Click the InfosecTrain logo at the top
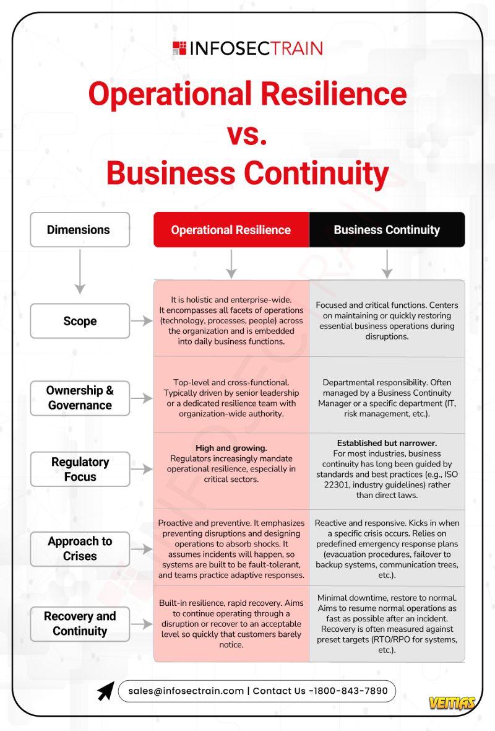click(247, 48)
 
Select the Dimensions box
click(80, 230)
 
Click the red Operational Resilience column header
click(231, 230)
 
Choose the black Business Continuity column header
click(387, 230)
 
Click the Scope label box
click(80, 321)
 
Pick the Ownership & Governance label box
click(80, 398)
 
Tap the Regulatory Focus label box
click(80, 469)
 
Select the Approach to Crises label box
click(80, 548)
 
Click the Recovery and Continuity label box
click(80, 623)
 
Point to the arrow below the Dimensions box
click(80, 271)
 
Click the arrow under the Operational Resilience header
click(231, 264)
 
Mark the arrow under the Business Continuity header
click(387, 264)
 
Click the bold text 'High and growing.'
click(231, 447)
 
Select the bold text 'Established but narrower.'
click(387, 443)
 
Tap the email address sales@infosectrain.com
click(186, 691)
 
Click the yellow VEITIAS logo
click(452, 703)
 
